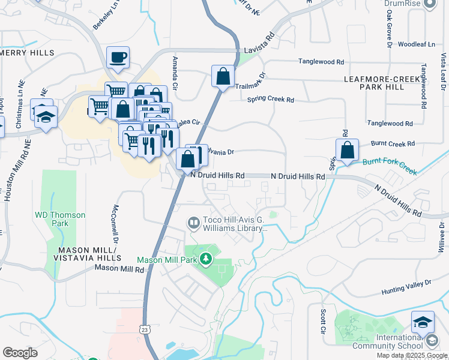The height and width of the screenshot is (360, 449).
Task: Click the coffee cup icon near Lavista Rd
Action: [118, 58]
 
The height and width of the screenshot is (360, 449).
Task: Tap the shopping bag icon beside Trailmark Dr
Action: [223, 77]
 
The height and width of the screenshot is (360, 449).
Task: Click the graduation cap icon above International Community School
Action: [423, 322]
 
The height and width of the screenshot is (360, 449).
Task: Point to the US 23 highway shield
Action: [144, 329]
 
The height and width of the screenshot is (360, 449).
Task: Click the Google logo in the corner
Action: [20, 353]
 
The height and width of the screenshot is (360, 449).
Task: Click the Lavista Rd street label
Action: [259, 52]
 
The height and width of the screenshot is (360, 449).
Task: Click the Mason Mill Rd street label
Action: [119, 270]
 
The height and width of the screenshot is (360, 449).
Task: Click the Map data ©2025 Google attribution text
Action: [412, 355]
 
